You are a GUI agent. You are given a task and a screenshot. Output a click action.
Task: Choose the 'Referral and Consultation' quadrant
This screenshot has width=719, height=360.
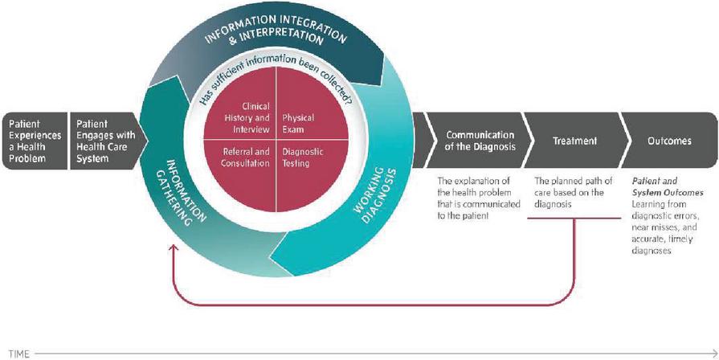[x=244, y=157]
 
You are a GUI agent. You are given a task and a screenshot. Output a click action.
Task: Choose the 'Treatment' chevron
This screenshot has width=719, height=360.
[x=574, y=141]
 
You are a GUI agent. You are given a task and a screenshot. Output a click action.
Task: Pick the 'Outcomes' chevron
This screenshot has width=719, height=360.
[x=669, y=141]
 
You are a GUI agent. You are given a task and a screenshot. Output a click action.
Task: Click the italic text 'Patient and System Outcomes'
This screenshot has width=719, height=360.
[x=667, y=187]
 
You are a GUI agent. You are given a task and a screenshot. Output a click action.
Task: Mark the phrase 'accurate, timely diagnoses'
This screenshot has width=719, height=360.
[x=659, y=245]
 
